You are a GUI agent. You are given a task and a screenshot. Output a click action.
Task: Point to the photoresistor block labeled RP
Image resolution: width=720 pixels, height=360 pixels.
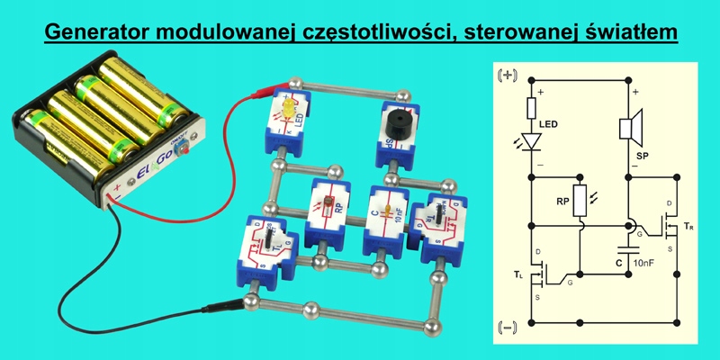click(328, 212)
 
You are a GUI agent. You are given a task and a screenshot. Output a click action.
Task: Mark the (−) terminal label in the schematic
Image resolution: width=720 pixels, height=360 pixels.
click(506, 325)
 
